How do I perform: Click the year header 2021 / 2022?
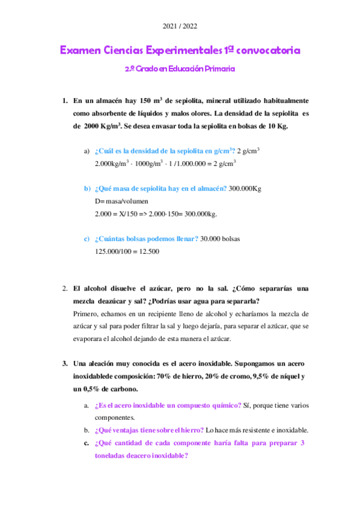[180, 26]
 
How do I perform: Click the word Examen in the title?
[79, 51]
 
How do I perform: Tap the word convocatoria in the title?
[268, 51]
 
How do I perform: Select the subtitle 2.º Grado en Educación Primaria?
[180, 69]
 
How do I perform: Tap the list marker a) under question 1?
[87, 150]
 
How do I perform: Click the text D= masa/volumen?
[121, 201]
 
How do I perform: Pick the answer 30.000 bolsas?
[220, 239]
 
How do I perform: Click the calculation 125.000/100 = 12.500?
[127, 251]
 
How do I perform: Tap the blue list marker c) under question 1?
[87, 239]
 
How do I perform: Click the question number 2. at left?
[66, 289]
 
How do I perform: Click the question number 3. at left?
[66, 364]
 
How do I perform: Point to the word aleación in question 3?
[105, 364]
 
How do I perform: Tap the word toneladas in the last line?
[111, 455]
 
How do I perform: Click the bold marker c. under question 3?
[87, 443]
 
